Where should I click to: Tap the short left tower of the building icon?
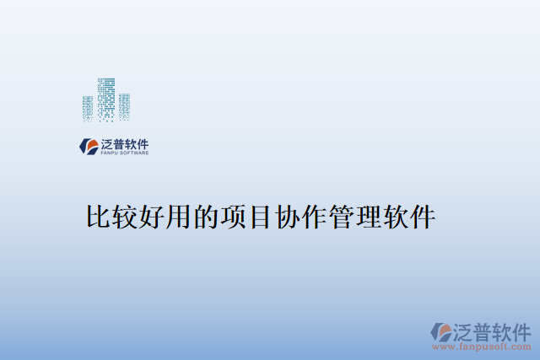(88, 106)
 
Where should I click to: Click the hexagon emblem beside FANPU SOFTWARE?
(89, 146)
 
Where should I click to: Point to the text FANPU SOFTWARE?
(125, 153)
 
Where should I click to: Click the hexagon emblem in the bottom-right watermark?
(441, 332)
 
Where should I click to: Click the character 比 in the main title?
(98, 218)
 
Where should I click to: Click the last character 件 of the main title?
(422, 218)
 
